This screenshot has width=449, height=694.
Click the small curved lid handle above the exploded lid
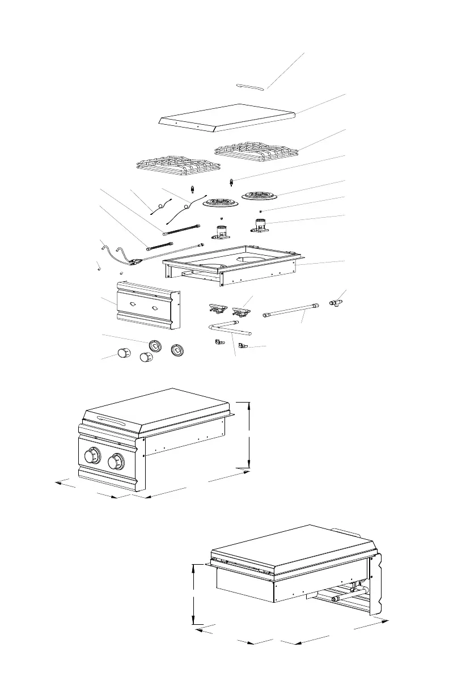coord(250,86)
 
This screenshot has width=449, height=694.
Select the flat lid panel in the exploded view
coord(227,116)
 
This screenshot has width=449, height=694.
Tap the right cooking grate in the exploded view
coord(257,149)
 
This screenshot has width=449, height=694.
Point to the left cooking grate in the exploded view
coord(178,165)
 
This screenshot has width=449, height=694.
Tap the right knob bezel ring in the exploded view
coord(178,350)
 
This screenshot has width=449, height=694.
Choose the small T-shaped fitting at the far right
coord(337,303)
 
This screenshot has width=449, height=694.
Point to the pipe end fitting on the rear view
coord(334,598)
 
